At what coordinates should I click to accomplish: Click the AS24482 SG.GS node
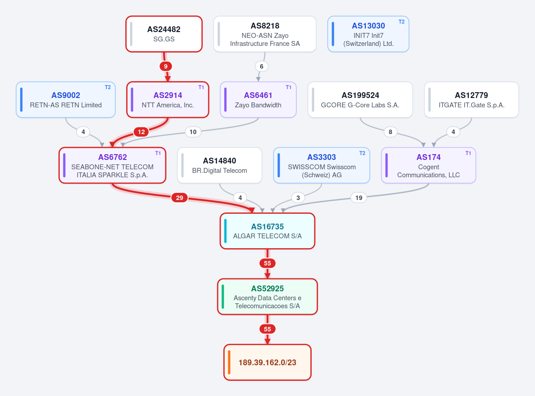pos(164,34)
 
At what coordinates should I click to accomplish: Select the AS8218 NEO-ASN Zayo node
pos(265,34)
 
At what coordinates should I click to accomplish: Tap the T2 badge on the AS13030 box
pos(401,22)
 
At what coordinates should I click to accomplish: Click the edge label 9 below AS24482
pos(166,66)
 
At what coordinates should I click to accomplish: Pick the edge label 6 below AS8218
pos(261,66)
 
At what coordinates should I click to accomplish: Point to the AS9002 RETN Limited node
pos(66,100)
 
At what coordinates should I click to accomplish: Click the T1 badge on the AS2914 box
pos(201,87)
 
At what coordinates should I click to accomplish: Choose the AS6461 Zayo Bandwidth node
pos(258,100)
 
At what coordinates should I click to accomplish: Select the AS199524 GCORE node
pos(360,100)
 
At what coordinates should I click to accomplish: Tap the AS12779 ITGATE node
pos(471,100)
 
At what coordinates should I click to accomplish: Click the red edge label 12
pos(141,132)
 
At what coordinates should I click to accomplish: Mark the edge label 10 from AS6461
pos(193,132)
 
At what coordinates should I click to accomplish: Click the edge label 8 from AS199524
pos(390,132)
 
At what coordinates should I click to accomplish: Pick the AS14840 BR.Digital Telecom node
pos(219,165)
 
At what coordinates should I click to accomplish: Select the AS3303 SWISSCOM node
pos(321,165)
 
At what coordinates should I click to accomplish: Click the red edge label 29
pos(180,198)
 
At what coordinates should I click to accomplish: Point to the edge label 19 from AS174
pos(359,198)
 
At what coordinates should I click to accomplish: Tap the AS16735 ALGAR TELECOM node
pos(267,231)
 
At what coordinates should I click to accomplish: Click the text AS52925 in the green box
pos(267,288)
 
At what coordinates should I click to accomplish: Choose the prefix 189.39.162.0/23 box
pos(267,362)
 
